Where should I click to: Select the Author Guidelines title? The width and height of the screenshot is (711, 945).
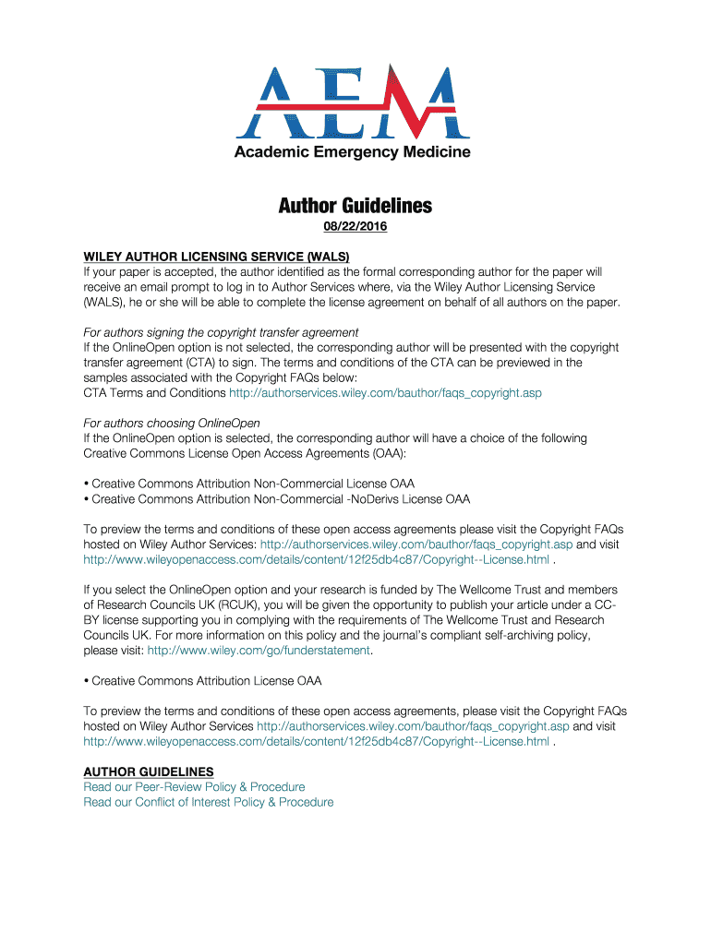tap(355, 206)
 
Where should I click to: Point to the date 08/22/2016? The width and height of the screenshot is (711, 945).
tap(355, 227)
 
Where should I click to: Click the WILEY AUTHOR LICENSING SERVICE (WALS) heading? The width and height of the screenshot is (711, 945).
tap(217, 257)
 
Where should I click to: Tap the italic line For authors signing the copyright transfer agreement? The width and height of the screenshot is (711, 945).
tap(221, 332)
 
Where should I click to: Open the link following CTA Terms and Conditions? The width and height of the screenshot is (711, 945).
tap(385, 393)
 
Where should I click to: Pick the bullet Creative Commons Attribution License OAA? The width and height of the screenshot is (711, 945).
tap(203, 681)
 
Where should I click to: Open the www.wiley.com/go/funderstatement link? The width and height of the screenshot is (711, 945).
tap(259, 651)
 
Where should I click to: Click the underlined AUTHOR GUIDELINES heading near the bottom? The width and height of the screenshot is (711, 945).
tap(149, 772)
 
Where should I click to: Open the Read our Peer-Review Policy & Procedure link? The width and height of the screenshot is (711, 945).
tap(194, 787)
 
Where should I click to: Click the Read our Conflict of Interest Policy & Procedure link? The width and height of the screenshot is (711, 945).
tap(209, 803)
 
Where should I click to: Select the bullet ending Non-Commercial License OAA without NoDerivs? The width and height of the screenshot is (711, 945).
tap(249, 484)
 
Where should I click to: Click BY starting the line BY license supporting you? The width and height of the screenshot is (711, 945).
tap(92, 620)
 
